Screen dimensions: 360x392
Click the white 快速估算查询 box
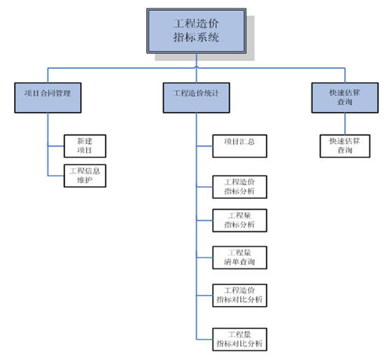pos(344,146)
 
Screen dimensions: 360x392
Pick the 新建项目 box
pos(83,146)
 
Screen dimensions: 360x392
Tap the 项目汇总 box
pos(239,142)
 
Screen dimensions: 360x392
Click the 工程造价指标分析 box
pos(239,186)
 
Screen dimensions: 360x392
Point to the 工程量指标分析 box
pos(239,221)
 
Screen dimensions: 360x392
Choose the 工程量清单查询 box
pos(239,257)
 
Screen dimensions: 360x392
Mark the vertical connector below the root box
pos(196,63)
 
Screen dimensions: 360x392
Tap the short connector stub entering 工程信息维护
pos(56,175)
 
